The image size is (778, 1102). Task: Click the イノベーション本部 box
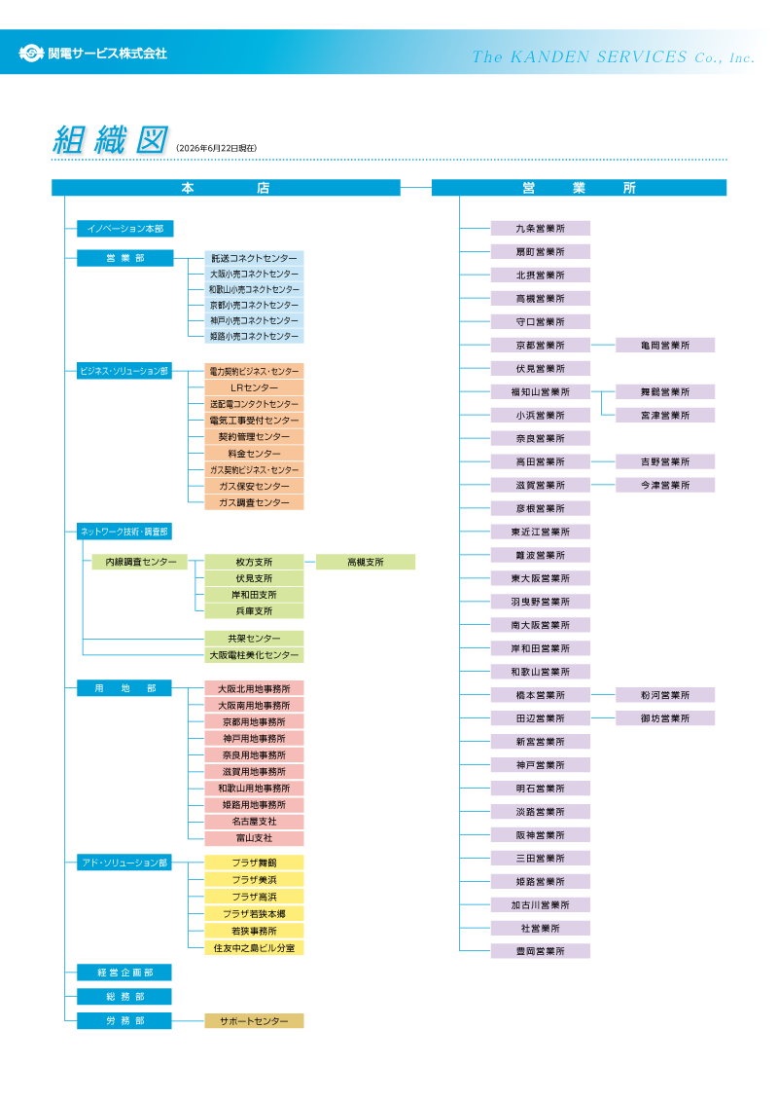click(x=125, y=229)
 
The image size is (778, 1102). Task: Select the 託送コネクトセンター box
click(x=254, y=258)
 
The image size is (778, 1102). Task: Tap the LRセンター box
click(x=254, y=387)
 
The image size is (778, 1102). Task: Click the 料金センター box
click(x=254, y=454)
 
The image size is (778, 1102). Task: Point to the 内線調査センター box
click(x=140, y=562)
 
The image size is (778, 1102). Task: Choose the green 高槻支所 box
click(x=365, y=562)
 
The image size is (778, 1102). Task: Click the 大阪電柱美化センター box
click(x=254, y=655)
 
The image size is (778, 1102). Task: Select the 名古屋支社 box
click(x=254, y=821)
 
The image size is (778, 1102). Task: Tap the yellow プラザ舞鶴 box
click(x=254, y=863)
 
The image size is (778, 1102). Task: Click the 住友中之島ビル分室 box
click(x=254, y=948)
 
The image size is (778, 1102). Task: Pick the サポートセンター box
click(x=254, y=1020)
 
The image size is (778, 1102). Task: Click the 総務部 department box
click(x=124, y=997)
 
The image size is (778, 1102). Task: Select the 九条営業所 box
click(x=540, y=229)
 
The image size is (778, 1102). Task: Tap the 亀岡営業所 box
click(x=665, y=345)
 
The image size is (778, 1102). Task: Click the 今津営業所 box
click(x=665, y=485)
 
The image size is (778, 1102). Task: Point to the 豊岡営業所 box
click(x=540, y=951)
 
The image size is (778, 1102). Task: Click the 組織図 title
click(x=111, y=139)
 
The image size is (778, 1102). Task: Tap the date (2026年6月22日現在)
click(x=216, y=148)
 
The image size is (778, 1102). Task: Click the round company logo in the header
click(x=31, y=53)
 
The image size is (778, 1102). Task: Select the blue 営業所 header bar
click(x=579, y=188)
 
